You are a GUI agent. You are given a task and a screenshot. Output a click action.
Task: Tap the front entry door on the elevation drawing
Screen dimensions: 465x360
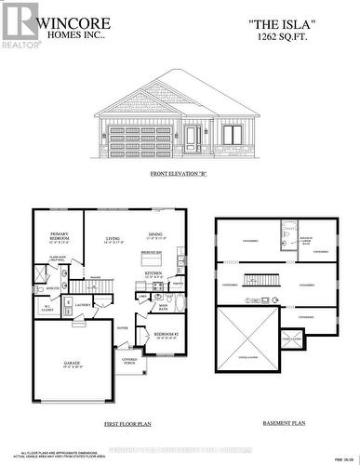coord(192,139)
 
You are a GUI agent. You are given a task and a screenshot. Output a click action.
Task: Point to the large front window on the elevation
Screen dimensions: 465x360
coord(233,136)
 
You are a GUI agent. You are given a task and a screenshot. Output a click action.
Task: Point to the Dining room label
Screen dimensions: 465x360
coord(156,234)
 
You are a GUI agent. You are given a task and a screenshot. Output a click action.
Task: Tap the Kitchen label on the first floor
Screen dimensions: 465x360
coord(154,274)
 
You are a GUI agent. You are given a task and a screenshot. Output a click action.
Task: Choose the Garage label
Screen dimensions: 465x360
coord(72,364)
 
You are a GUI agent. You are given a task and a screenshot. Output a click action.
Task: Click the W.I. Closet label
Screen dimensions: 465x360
coord(43,308)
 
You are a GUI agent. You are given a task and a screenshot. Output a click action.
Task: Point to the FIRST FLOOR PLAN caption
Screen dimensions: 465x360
coord(124,422)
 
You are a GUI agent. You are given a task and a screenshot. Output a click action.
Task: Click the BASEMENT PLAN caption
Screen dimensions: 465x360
coord(285,422)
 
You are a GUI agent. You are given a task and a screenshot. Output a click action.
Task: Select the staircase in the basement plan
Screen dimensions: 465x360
coord(261,278)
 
